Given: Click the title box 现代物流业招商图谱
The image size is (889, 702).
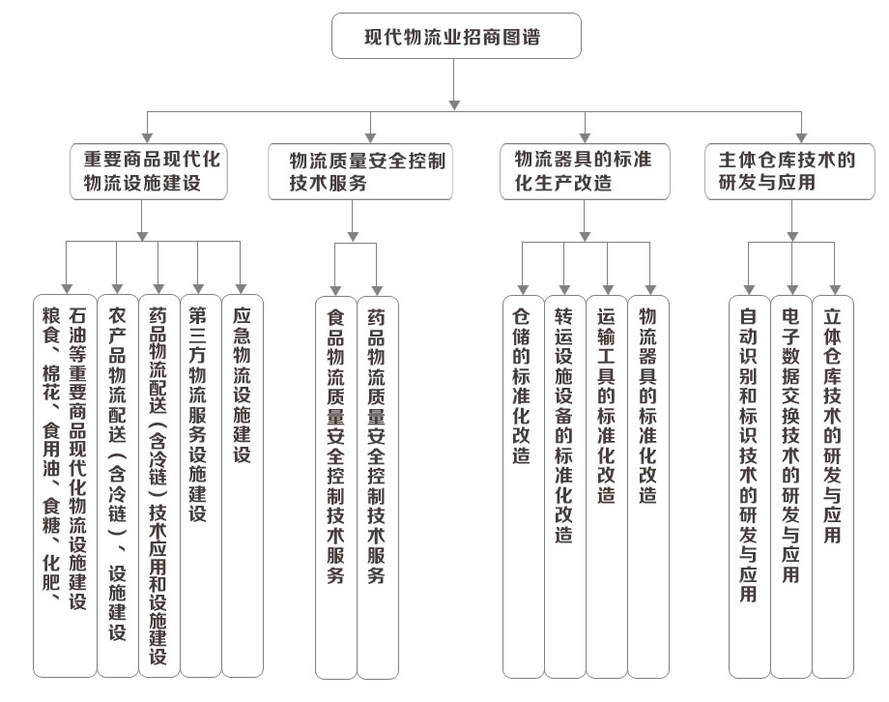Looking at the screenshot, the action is [456, 36].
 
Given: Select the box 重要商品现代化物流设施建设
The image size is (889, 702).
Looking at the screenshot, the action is [149, 171].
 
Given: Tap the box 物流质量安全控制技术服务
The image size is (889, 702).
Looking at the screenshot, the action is [360, 171].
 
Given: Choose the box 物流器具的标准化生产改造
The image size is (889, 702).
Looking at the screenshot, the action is [585, 171].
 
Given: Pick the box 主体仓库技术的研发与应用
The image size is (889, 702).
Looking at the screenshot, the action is [789, 171].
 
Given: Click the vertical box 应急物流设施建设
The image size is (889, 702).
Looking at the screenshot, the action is [243, 485].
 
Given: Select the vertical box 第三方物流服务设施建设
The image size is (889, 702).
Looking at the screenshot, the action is [201, 485].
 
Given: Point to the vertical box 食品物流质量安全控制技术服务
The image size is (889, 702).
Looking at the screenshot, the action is [336, 487].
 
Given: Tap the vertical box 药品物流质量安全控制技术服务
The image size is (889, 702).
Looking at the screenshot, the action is [378, 487].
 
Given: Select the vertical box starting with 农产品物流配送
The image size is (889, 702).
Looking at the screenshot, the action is [118, 485].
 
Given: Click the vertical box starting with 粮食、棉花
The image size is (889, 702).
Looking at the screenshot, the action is [65, 485].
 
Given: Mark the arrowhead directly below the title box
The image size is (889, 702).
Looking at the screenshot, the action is [454, 105].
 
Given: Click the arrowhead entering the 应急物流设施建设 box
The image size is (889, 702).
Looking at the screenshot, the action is [241, 289].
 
